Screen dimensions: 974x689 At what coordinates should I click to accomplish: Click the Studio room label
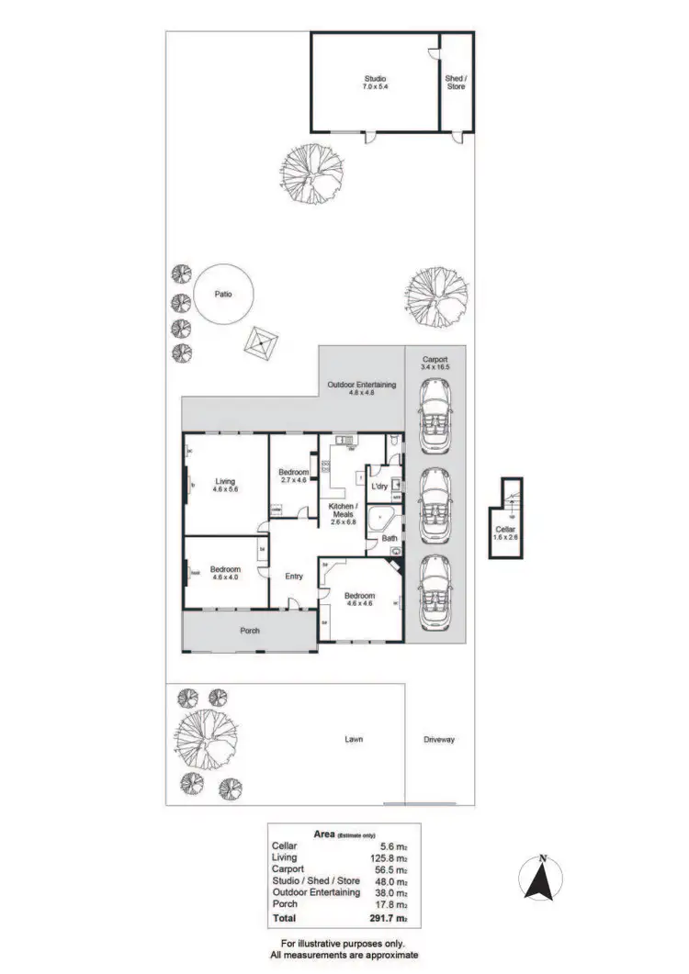coord(375,83)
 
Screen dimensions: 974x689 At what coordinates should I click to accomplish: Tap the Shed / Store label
coord(456,83)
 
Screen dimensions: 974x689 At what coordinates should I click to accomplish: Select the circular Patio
coord(221,295)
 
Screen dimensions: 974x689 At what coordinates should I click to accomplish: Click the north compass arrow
coord(543,879)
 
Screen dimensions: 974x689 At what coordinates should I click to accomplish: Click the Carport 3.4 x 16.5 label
coord(435,364)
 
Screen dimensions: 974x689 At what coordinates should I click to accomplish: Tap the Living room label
coord(225,485)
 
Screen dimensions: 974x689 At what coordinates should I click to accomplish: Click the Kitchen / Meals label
coord(342,510)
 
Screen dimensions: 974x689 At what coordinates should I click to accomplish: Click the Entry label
coord(294,577)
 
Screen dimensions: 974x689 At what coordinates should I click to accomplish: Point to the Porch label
coord(250,631)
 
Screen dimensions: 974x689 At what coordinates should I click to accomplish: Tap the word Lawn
coord(355,739)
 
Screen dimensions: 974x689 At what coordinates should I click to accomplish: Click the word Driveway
coord(439,739)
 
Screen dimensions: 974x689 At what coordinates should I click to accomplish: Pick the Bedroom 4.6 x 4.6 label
coord(361,599)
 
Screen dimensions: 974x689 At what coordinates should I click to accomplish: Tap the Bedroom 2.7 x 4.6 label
coord(293,476)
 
